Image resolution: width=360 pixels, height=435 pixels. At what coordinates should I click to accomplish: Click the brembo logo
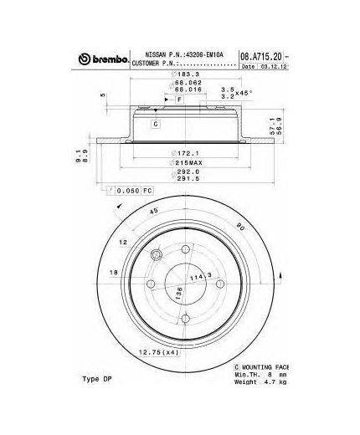pos(103,58)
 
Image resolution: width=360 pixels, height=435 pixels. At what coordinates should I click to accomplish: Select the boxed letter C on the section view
pos(155,125)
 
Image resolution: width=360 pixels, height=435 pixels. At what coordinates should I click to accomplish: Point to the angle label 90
pos(239,227)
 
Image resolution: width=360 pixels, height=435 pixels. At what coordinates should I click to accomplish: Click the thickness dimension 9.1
pos(75,151)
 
